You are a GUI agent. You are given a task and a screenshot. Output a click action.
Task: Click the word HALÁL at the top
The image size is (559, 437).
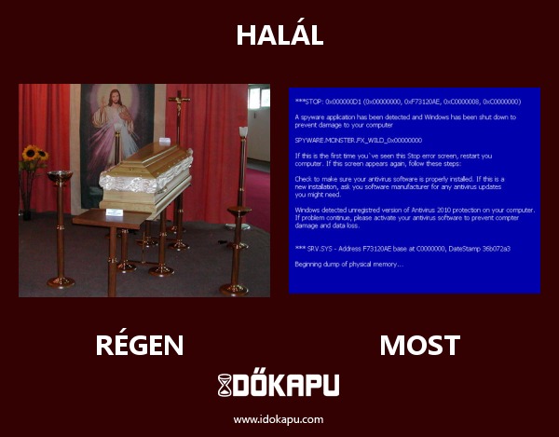[x=279, y=35]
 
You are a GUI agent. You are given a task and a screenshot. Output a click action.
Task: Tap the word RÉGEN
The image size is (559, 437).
[x=140, y=346]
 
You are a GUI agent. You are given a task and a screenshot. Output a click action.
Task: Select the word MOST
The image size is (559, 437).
[x=419, y=346]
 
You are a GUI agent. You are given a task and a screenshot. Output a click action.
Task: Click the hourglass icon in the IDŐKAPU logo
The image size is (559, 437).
[x=225, y=385]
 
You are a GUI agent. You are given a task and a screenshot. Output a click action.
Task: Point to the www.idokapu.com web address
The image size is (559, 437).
[x=279, y=419]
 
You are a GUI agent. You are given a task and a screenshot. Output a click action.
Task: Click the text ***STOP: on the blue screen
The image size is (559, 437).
[x=308, y=101]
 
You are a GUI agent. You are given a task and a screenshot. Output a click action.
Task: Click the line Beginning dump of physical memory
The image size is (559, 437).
[x=348, y=264]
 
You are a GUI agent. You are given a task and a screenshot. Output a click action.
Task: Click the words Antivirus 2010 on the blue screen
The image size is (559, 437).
[x=428, y=210]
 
